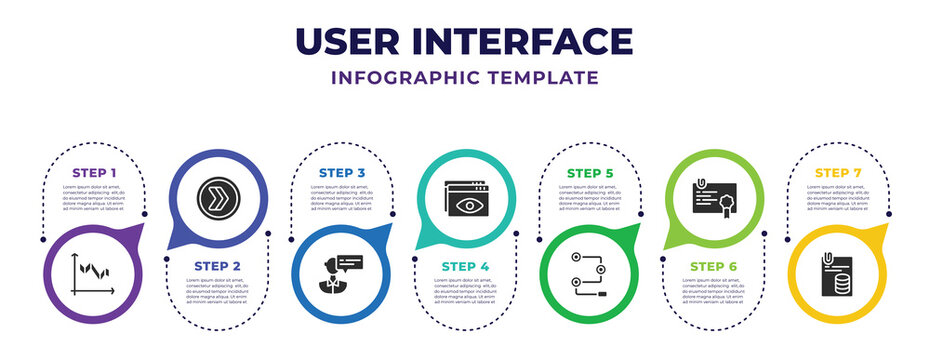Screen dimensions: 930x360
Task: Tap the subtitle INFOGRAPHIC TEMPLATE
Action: (465, 77)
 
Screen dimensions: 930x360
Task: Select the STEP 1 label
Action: (94, 173)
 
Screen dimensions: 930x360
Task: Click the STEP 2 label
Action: (218, 265)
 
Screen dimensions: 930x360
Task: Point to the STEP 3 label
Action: (341, 173)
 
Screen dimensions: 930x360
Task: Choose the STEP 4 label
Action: (465, 265)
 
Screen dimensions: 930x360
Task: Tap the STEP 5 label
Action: (589, 173)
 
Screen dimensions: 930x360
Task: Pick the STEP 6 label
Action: (713, 265)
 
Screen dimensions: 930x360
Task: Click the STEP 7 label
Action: (837, 173)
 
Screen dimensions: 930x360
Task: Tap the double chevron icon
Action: (218, 195)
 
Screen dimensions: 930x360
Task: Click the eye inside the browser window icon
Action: (465, 203)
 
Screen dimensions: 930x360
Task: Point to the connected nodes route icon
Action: (589, 272)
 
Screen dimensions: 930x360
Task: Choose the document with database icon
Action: (837, 275)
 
